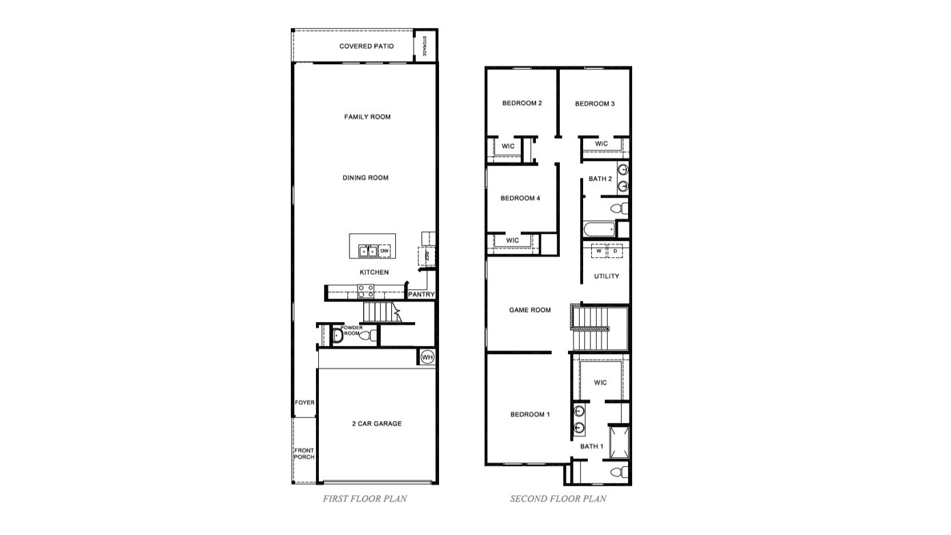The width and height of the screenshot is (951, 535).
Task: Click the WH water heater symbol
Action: (427, 357)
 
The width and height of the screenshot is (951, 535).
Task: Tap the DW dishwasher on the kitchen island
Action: (384, 251)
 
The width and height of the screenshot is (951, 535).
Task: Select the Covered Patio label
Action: (367, 46)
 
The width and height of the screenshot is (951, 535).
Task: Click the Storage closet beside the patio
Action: (425, 46)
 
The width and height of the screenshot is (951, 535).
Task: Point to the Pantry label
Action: (421, 295)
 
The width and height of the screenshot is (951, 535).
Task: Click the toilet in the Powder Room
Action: (367, 335)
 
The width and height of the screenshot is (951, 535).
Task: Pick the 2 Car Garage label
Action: (377, 424)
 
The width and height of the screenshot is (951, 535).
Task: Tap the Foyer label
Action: (304, 403)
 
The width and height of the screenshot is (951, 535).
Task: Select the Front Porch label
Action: (304, 454)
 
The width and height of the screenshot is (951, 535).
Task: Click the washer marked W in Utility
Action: (599, 251)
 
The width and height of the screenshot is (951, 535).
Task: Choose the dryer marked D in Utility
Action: (615, 251)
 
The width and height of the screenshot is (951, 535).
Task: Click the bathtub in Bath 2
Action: (599, 229)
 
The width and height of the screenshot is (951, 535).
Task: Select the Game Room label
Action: (530, 310)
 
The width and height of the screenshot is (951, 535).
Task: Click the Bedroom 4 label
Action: (520, 199)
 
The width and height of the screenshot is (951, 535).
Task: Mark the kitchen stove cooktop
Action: (366, 292)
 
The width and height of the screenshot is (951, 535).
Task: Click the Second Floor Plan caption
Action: (558, 499)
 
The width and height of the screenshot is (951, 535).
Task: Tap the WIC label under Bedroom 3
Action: (601, 144)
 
